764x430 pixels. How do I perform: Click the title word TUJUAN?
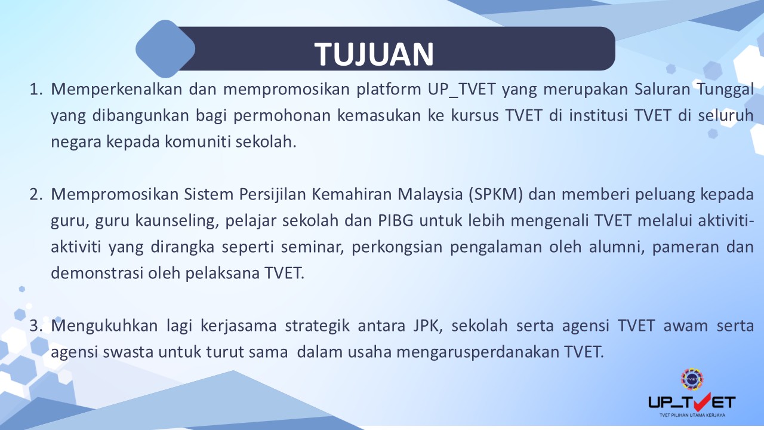coord(374,54)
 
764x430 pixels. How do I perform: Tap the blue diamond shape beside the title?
coord(165,49)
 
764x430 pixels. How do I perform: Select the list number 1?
coord(36,90)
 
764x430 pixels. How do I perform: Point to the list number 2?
coord(36,195)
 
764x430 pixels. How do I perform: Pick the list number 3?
coord(36,326)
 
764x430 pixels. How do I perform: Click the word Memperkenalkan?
coord(116,90)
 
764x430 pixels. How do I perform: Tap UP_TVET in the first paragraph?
coord(461,90)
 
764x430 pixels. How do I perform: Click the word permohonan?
coord(282,116)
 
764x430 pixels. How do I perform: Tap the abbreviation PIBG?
coord(396,221)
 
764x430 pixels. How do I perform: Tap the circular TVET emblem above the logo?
coord(692,379)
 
